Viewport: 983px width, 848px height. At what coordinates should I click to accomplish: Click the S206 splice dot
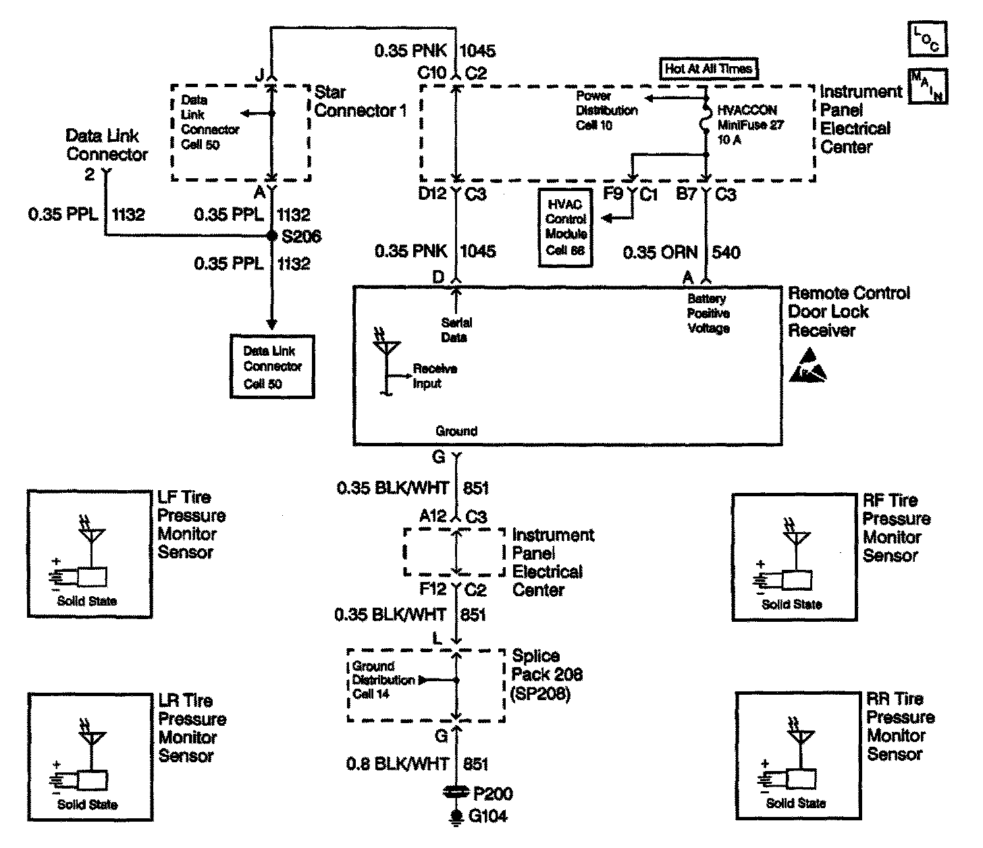(271, 236)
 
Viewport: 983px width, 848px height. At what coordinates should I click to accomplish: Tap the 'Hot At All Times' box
(708, 68)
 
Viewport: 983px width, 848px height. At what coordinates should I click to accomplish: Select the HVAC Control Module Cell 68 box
(566, 228)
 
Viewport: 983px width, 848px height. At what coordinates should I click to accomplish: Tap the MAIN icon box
(928, 86)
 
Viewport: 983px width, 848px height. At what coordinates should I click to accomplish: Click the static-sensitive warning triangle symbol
(808, 366)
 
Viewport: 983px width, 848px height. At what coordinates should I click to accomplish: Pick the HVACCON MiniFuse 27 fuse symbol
(706, 120)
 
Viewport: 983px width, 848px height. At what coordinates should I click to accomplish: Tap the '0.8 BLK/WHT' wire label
(398, 764)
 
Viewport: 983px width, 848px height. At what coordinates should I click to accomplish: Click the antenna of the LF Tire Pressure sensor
(92, 534)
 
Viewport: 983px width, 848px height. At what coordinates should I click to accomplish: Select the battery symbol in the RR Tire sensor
(765, 781)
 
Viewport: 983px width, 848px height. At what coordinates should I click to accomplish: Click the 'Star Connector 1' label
(360, 101)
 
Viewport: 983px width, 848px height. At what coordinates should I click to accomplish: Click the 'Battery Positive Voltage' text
(708, 313)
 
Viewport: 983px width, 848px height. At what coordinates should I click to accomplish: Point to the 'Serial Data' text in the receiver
(456, 330)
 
